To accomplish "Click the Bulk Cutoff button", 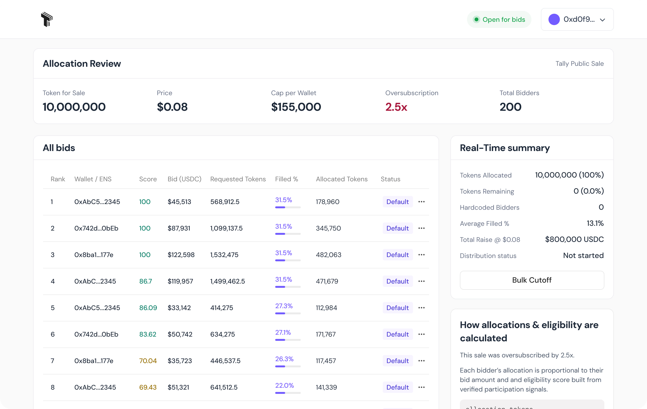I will point(532,280).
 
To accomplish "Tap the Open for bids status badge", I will point(499,20).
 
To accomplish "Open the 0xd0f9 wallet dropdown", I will point(577,20).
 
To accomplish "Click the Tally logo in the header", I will point(47,19).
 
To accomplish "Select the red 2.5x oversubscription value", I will point(396,107).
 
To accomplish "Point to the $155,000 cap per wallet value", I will point(296,107).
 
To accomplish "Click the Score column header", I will point(148,179).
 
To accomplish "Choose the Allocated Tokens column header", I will point(341,179).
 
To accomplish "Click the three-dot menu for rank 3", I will point(421,255).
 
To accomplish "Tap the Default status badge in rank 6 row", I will point(397,334).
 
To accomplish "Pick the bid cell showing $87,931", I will point(179,228).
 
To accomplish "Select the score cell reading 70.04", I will point(148,361).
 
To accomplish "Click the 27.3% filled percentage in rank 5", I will point(284,306).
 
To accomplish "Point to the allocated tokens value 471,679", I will point(327,281).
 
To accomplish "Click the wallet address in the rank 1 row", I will point(97,202).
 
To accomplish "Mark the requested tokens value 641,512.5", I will point(224,387).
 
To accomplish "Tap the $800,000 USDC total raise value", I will point(574,239).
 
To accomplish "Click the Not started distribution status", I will point(583,255).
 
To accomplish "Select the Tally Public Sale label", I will point(579,64).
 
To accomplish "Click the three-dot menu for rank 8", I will point(421,387).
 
